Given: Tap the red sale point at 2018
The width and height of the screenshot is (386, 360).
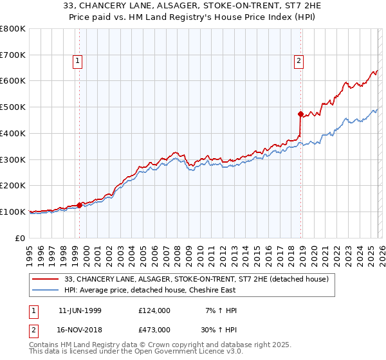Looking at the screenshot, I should (x=300, y=114).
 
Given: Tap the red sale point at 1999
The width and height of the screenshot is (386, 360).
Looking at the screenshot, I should (x=80, y=206).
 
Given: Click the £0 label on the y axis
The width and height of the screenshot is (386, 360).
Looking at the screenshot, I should (x=19, y=238).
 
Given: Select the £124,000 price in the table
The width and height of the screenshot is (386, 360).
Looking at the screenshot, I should (x=154, y=310).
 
